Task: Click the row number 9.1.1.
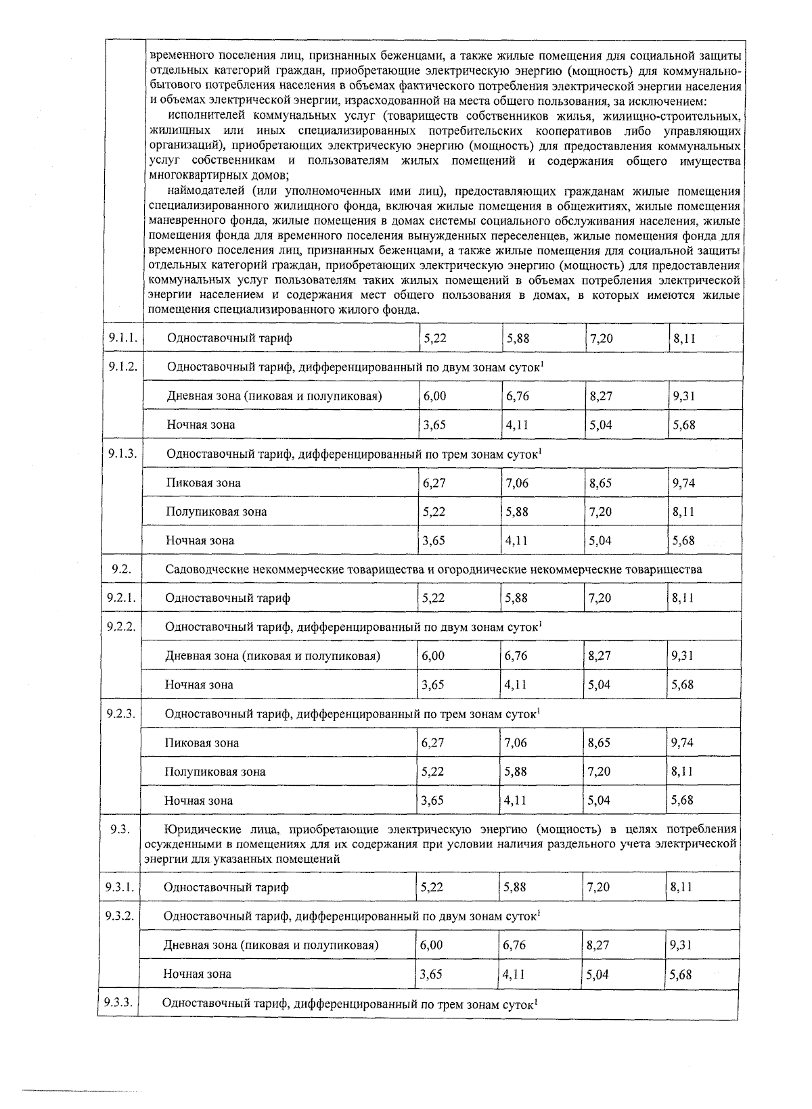pos(122,337)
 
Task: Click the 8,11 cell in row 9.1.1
pos(684,338)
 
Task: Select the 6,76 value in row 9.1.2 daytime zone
pos(518,396)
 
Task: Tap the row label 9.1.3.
pos(122,453)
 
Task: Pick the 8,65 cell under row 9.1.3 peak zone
pos(600,483)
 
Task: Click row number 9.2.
pos(121,569)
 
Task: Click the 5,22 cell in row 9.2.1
pos(434,598)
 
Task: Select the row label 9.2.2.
pos(121,626)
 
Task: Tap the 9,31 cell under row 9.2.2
pos(682,655)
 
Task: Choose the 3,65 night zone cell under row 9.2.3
pos(432,800)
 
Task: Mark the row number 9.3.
pos(120,830)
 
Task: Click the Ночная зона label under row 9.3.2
pos(197,974)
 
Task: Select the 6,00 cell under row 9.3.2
pos(432,945)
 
